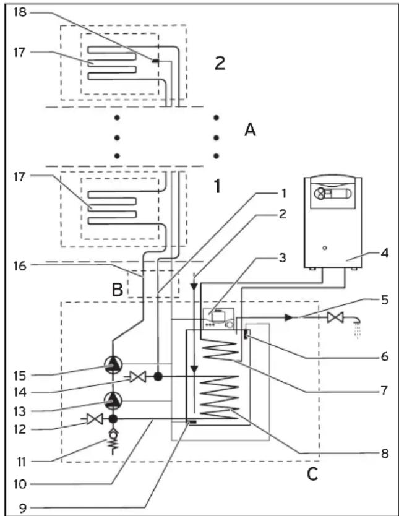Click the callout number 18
pyautogui.click(x=20, y=13)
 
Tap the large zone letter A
pyautogui.click(x=250, y=130)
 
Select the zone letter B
pyautogui.click(x=118, y=290)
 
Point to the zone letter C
pyautogui.click(x=312, y=474)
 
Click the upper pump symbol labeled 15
pyautogui.click(x=113, y=365)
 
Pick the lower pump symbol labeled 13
pyautogui.click(x=113, y=401)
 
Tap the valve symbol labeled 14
pyautogui.click(x=138, y=377)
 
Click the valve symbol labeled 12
pyautogui.click(x=95, y=419)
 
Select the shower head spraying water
pyautogui.click(x=356, y=327)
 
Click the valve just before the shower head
pyautogui.click(x=335, y=317)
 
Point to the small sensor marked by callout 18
pyautogui.click(x=155, y=61)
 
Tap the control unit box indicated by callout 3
pyautogui.click(x=218, y=319)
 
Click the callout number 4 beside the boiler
pyautogui.click(x=385, y=253)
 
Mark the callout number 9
pyautogui.click(x=22, y=508)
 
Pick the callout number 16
pyautogui.click(x=20, y=266)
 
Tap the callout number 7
pyautogui.click(x=384, y=391)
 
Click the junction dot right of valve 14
pyautogui.click(x=158, y=376)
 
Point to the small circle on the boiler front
pyautogui.click(x=325, y=247)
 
